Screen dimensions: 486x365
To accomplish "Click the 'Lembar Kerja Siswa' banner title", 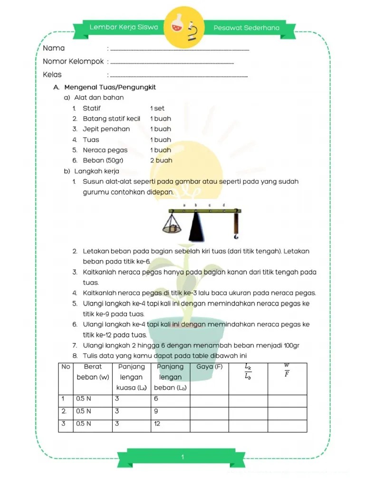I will point(124,28).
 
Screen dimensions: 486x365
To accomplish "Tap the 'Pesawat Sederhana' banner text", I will point(246,28).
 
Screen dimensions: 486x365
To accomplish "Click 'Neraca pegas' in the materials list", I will point(105,150).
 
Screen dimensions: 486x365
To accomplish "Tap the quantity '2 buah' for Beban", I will point(161,160).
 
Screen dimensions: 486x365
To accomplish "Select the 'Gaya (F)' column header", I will point(209,367).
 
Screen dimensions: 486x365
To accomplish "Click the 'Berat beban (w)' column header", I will point(93,372).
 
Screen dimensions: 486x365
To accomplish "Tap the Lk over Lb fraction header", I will point(248,372).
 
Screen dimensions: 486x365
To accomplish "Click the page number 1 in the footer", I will point(182,457).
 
